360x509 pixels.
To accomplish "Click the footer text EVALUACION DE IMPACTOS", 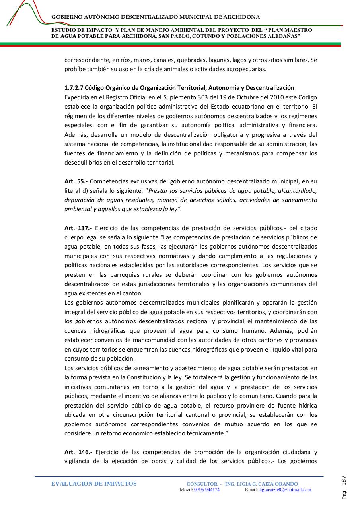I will tap(94, 484).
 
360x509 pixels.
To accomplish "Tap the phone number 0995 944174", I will tap(207, 490).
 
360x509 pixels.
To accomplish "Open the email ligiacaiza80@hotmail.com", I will tap(285, 490).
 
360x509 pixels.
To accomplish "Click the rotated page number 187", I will tap(344, 480).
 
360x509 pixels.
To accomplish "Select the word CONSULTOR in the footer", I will tap(202, 484).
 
